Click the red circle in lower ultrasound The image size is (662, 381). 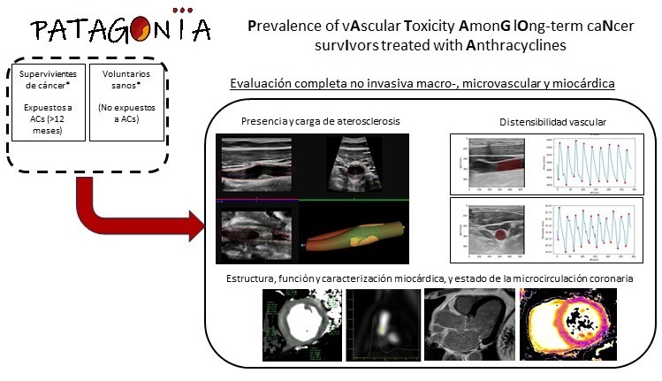499,235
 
